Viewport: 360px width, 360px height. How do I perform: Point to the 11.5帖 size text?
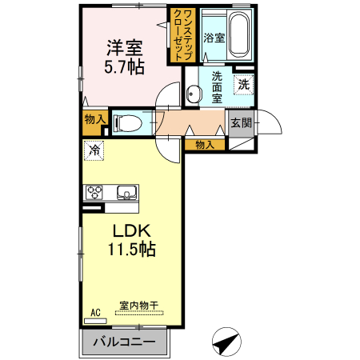(x=131, y=249)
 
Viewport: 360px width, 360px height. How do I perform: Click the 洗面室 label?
(x=217, y=87)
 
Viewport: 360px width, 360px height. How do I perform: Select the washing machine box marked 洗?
(x=242, y=82)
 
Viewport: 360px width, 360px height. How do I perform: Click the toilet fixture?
(x=126, y=123)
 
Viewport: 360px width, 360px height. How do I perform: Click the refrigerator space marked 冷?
(x=94, y=150)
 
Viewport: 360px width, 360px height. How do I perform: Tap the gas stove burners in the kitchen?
(x=95, y=192)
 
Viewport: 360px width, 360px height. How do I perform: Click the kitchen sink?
(x=126, y=192)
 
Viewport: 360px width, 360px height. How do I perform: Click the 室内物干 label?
(x=138, y=305)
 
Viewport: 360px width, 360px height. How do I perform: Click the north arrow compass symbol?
(x=226, y=342)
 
